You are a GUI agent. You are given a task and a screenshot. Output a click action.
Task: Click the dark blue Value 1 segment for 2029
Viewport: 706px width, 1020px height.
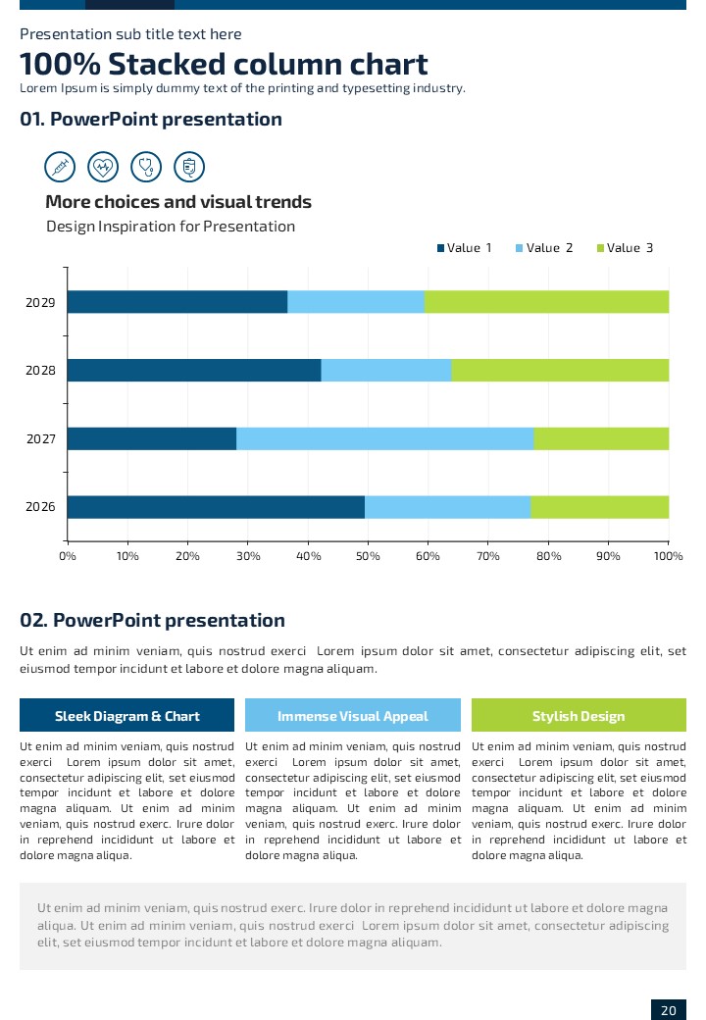pos(177,302)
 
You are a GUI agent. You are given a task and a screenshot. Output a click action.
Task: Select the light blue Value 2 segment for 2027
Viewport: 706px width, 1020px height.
pos(385,438)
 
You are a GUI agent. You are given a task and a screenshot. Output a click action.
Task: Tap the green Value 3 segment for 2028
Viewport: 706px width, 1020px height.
pos(560,370)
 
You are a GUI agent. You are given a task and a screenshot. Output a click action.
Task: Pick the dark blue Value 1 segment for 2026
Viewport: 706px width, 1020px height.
pos(216,507)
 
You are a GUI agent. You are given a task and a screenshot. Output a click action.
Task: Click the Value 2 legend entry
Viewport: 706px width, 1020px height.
pos(544,248)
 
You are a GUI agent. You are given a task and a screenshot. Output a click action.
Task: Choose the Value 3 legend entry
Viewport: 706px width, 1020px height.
pos(625,248)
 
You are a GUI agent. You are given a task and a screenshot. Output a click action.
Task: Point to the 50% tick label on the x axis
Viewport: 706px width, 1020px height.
pos(368,556)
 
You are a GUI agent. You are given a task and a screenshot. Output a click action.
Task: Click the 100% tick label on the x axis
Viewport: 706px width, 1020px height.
pos(668,556)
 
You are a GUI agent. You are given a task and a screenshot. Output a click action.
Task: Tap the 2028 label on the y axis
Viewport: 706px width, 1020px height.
pos(40,371)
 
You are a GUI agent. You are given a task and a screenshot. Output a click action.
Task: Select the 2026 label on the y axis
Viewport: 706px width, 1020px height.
pos(40,507)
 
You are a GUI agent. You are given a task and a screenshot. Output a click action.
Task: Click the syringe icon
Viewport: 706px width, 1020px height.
pos(60,168)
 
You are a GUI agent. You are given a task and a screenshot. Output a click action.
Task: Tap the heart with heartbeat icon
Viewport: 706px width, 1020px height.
pos(103,168)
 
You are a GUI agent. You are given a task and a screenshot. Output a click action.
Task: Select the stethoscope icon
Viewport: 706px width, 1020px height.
pos(146,168)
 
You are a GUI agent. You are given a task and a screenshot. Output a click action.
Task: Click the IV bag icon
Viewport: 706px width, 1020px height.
pos(189,168)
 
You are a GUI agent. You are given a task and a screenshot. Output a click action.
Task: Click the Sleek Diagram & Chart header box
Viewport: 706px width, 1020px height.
pos(126,716)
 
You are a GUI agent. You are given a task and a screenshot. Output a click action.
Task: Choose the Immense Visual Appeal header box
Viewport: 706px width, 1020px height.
pos(353,716)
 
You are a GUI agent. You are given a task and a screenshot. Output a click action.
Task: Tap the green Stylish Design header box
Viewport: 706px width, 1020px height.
pos(579,716)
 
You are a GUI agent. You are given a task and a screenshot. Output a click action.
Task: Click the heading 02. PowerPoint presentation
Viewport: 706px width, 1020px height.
pos(152,621)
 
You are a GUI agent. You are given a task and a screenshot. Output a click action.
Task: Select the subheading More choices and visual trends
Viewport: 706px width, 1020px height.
pos(178,202)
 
